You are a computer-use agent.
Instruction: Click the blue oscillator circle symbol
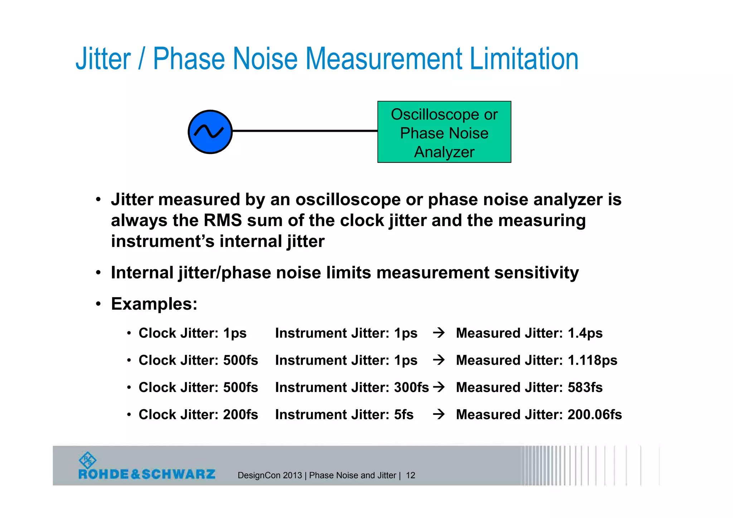[x=210, y=132]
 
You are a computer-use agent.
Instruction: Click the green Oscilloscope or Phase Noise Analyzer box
[x=444, y=132]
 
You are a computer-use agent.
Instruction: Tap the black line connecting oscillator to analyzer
[x=305, y=131]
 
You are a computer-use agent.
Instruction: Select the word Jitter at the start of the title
[x=103, y=59]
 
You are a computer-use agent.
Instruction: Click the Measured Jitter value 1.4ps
[x=585, y=333]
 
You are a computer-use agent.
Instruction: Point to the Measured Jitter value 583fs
[x=585, y=388]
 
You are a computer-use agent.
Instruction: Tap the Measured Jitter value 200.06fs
[x=594, y=415]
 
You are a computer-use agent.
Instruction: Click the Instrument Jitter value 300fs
[x=411, y=388]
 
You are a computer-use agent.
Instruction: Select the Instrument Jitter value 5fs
[x=403, y=415]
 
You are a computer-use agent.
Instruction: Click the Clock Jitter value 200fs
[x=241, y=415]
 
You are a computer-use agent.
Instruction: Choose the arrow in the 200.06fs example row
[x=438, y=415]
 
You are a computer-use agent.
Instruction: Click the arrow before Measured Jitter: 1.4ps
[x=438, y=333]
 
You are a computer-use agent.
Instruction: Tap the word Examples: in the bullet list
[x=154, y=304]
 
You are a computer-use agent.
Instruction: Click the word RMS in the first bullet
[x=223, y=221]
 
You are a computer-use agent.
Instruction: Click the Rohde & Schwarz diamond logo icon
[x=87, y=460]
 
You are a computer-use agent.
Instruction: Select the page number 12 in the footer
[x=411, y=475]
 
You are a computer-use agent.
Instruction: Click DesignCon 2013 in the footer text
[x=270, y=475]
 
